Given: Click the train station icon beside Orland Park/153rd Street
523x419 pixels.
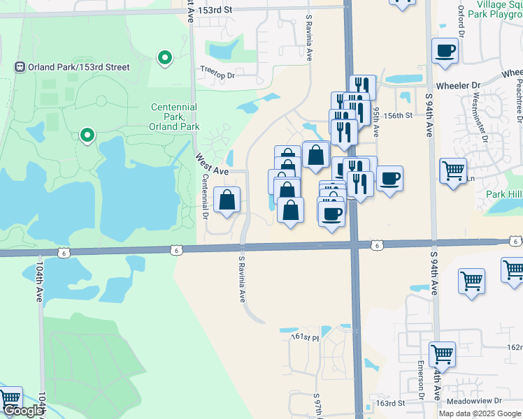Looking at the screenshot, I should click(x=20, y=67).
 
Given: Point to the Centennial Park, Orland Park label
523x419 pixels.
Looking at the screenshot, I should click(x=174, y=117).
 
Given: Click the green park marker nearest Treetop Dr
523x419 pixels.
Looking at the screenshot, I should click(x=165, y=58).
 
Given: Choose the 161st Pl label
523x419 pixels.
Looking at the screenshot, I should click(x=305, y=338).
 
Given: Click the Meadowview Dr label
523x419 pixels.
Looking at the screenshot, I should click(x=479, y=401).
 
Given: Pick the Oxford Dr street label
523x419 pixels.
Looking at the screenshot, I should click(x=461, y=24).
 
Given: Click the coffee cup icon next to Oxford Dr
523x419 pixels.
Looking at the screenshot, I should click(x=445, y=50).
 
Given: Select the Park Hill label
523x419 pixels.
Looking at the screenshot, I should click(x=505, y=193).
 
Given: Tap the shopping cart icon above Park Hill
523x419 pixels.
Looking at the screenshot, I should click(x=453, y=170).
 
